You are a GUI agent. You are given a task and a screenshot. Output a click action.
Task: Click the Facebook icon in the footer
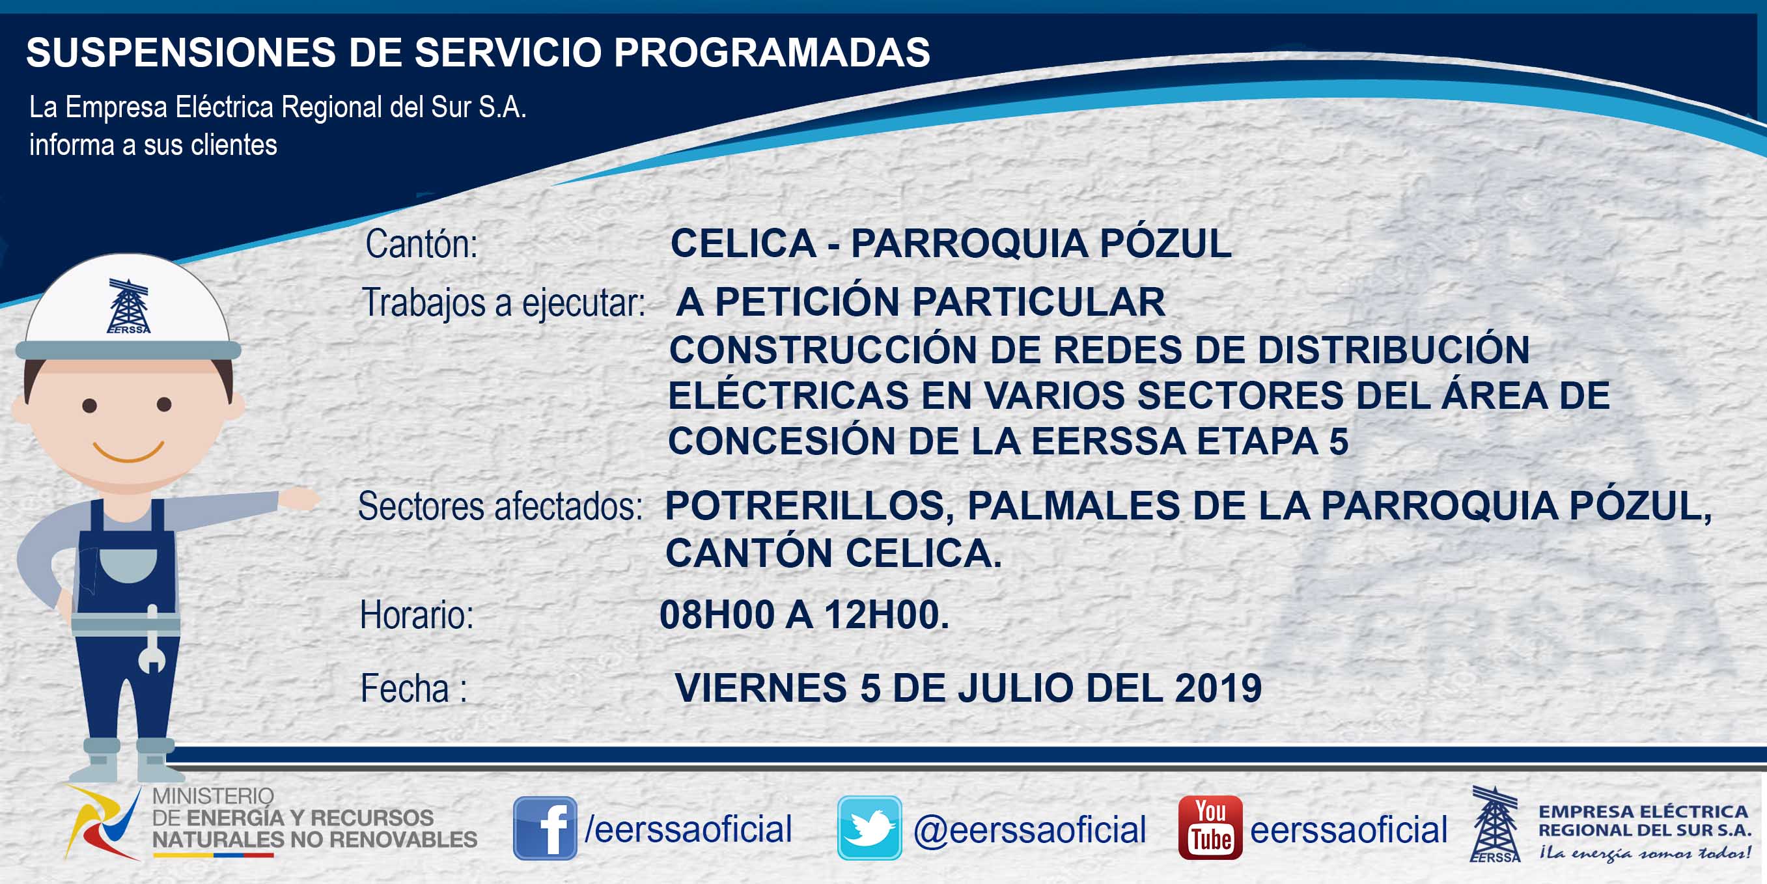tap(545, 828)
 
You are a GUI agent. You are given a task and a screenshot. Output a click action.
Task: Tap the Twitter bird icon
tap(869, 828)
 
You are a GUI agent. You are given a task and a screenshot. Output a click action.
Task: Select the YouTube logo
tap(1210, 828)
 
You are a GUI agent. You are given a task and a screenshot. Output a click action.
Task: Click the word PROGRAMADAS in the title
tap(772, 52)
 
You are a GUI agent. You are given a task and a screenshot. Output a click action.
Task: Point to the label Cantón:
tap(421, 244)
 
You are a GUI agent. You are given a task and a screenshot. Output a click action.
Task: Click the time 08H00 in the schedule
tap(717, 615)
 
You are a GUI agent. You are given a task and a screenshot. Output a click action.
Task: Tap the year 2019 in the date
tap(1218, 688)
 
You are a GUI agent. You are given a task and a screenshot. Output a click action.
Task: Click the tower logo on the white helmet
tap(128, 306)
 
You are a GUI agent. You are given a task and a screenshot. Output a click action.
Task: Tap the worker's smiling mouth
tap(128, 452)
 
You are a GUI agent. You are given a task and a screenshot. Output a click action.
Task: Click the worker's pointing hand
tap(299, 499)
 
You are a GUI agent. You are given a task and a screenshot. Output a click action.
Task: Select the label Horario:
tap(417, 615)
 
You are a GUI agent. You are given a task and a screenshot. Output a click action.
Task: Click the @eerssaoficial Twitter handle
tap(1029, 830)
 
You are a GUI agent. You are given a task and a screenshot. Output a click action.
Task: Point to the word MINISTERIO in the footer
tap(213, 795)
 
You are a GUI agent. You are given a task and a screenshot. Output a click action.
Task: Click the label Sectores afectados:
tap(501, 507)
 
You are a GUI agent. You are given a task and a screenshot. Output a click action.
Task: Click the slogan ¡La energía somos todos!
tap(1644, 854)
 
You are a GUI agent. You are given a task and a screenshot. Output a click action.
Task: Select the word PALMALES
tap(1074, 506)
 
